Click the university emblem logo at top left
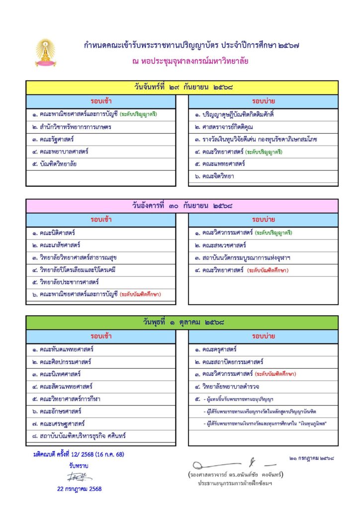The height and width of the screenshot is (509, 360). tap(45, 53)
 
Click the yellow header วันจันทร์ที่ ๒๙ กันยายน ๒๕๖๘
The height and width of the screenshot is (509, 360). tap(182, 87)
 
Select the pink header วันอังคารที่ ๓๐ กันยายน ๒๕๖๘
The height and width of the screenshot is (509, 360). tap(182, 205)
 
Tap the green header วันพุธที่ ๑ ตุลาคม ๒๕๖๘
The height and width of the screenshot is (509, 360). tap(182, 323)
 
